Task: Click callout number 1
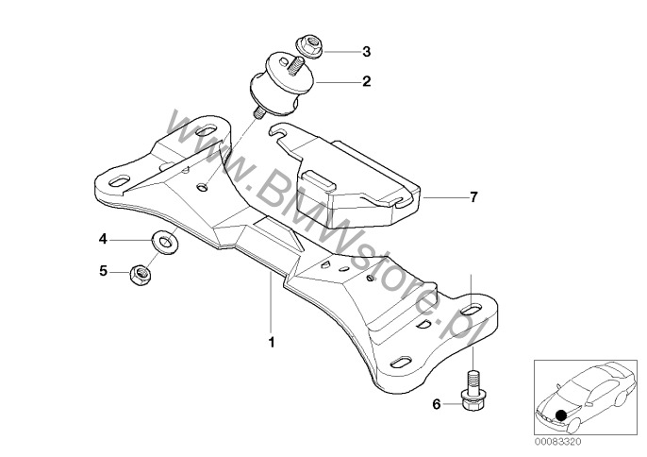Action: (x=272, y=343)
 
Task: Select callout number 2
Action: (x=366, y=81)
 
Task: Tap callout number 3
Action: (x=366, y=52)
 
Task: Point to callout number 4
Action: (x=103, y=239)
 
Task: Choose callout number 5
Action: (x=103, y=271)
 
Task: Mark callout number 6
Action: (x=437, y=404)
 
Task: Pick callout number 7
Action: (x=473, y=197)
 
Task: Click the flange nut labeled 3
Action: (x=310, y=46)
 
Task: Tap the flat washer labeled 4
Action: (x=165, y=243)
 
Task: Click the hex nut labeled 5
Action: (x=141, y=274)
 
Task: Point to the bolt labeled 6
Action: (x=473, y=390)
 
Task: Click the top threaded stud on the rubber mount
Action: (x=296, y=66)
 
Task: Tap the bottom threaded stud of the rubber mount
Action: (x=259, y=113)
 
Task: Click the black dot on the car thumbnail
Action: (x=561, y=415)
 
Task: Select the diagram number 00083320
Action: (x=558, y=442)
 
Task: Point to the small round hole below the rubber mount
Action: (x=202, y=188)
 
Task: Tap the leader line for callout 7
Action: (x=443, y=198)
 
